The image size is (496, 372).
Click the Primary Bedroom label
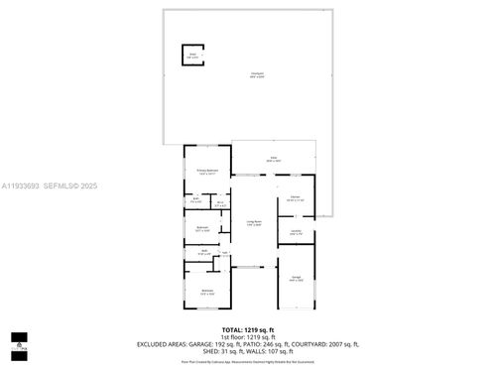click(206, 172)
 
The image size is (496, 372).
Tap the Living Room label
click(254, 222)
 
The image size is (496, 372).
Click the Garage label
click(296, 279)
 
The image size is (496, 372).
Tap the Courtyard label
click(257, 74)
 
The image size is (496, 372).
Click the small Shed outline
click(191, 56)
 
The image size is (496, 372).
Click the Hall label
click(225, 254)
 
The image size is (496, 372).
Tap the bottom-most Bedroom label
click(207, 291)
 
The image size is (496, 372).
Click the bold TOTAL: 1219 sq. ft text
click(247, 328)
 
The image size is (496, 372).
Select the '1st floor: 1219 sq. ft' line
click(247, 336)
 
